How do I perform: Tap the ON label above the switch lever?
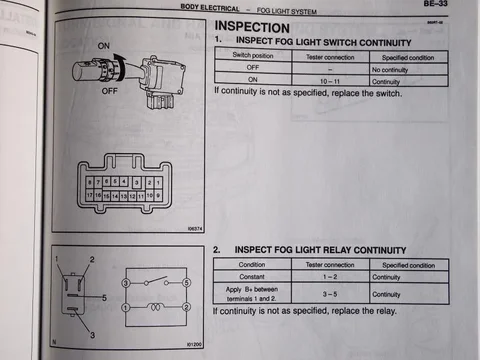pos(104,46)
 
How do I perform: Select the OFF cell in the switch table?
pos(252,68)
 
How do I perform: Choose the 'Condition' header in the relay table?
pos(252,264)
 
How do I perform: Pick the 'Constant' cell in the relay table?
pos(252,277)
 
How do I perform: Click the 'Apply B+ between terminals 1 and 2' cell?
pos(252,294)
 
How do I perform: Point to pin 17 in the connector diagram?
pos(91,197)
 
